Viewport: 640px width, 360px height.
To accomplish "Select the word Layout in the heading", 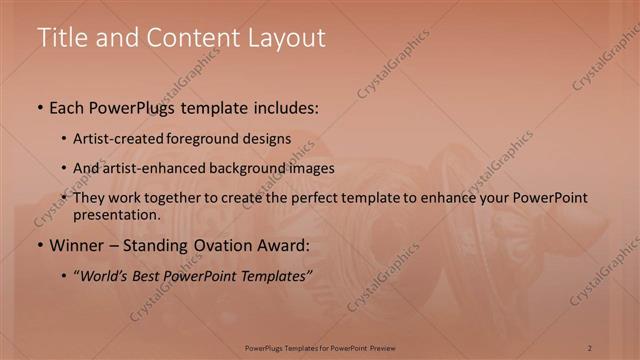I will point(280,38).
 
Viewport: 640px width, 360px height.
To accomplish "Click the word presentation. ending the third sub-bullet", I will point(116,214).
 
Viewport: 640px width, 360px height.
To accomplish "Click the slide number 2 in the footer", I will point(590,347).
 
